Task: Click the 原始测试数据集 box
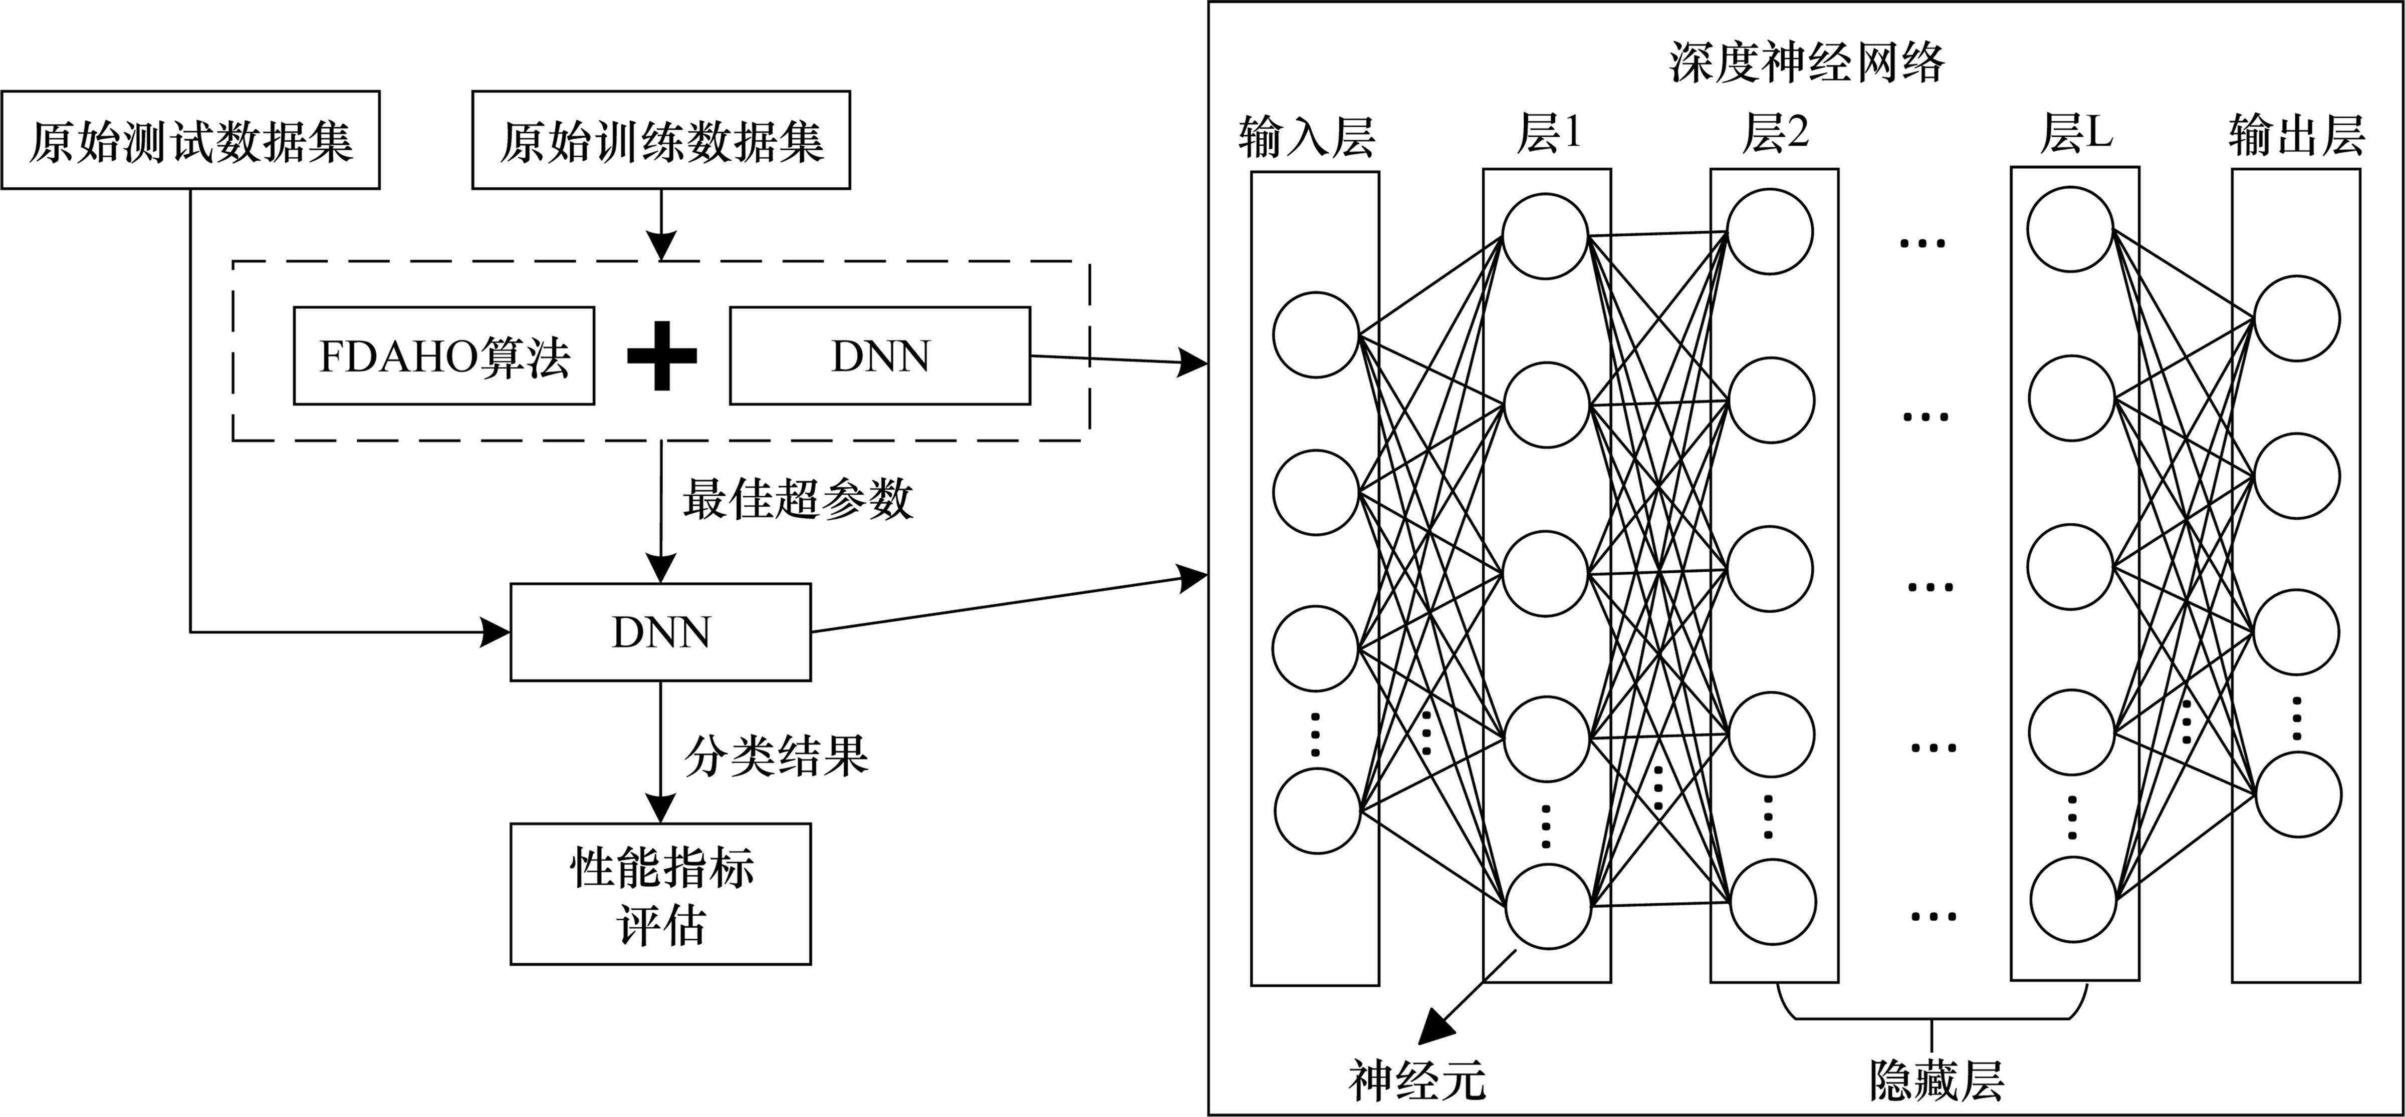coord(190,140)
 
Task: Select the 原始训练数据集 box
coord(661,140)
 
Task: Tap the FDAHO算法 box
coord(443,355)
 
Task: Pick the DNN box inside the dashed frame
coord(879,355)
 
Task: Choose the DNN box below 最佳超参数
coord(660,632)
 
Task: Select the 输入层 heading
coord(1307,137)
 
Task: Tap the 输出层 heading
coord(2296,137)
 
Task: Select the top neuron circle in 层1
coord(1546,236)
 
